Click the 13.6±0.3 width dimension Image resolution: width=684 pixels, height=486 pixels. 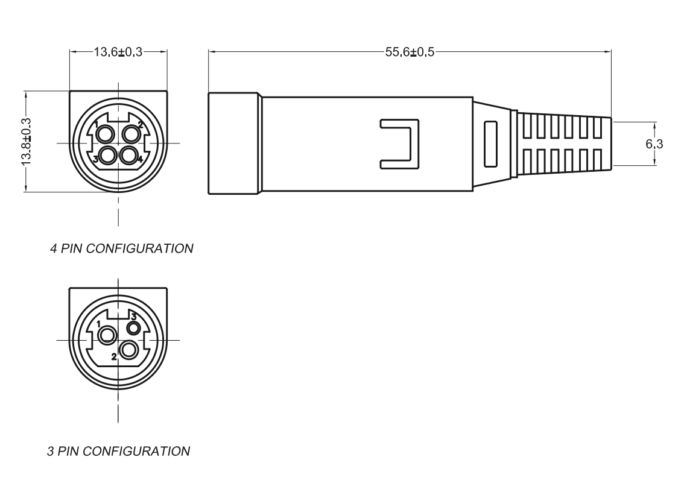coord(118,52)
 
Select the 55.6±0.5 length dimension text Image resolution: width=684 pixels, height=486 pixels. coord(410,52)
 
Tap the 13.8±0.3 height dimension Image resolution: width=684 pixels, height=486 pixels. coord(27,141)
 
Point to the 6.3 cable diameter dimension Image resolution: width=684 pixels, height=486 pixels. coord(654,144)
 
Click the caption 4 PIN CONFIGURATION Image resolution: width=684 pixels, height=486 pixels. coord(122,248)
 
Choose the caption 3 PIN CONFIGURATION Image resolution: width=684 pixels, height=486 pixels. coord(119,450)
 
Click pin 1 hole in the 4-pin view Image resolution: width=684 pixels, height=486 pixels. coord(105,133)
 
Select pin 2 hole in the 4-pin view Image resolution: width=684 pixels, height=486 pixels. coord(130,133)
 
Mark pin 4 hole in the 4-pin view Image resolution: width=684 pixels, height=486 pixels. coord(128,155)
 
